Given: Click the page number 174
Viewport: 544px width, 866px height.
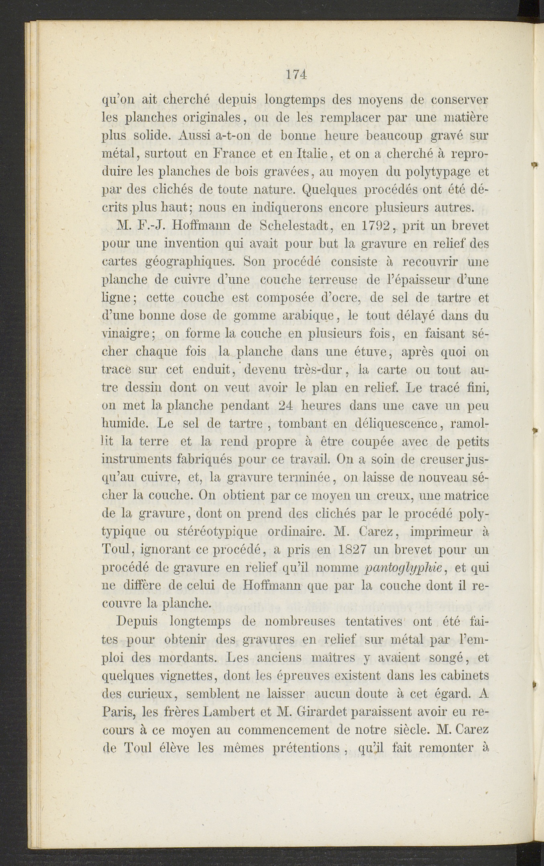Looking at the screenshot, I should tap(296, 75).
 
